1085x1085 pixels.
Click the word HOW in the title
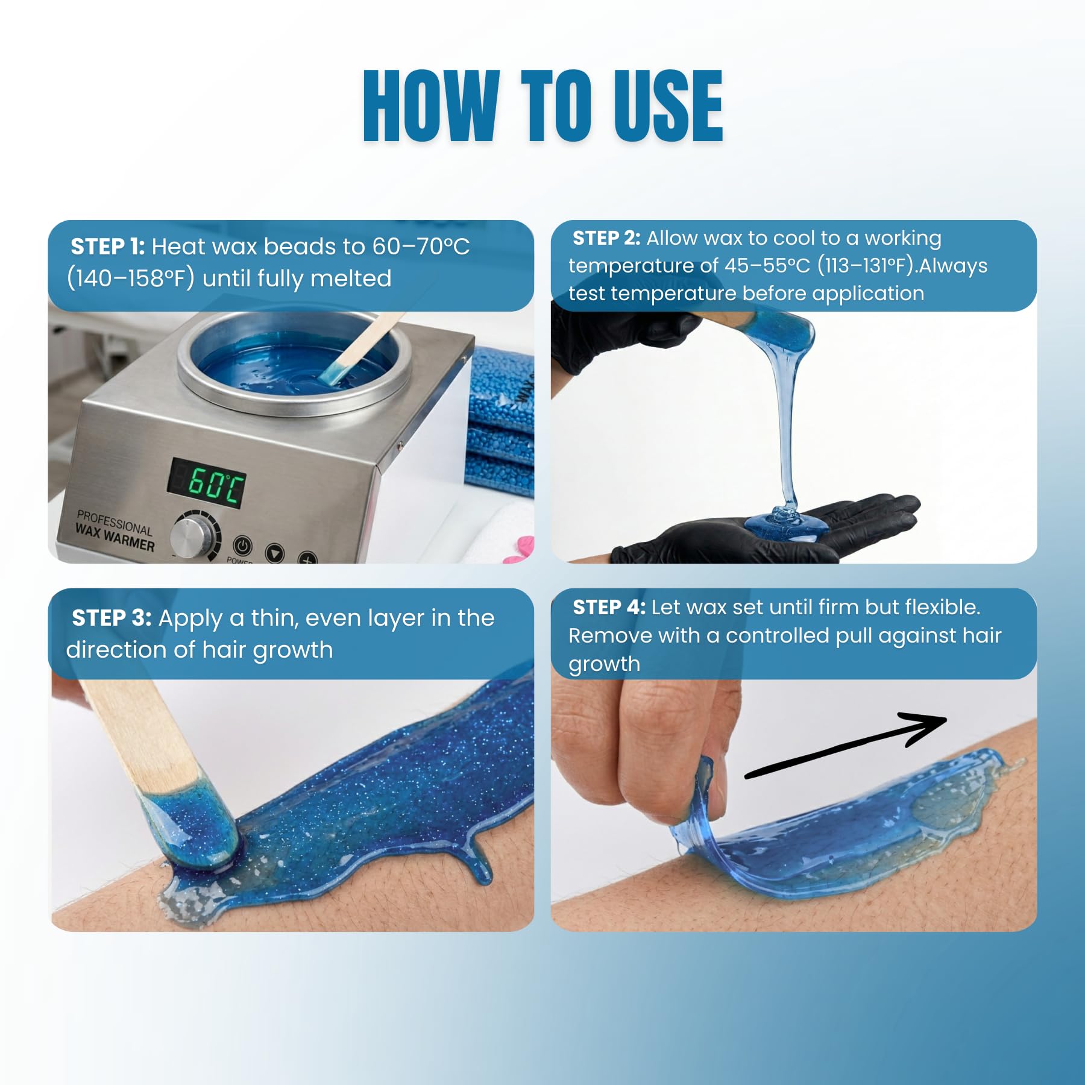[431, 106]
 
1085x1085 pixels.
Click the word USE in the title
[668, 106]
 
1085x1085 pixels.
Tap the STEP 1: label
[107, 247]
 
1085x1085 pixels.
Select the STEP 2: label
[606, 238]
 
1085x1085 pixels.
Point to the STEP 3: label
[112, 618]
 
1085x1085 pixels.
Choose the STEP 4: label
[609, 607]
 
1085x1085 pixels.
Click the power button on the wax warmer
[242, 546]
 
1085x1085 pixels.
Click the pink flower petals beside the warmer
[520, 550]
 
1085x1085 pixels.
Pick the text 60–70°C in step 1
[421, 247]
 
